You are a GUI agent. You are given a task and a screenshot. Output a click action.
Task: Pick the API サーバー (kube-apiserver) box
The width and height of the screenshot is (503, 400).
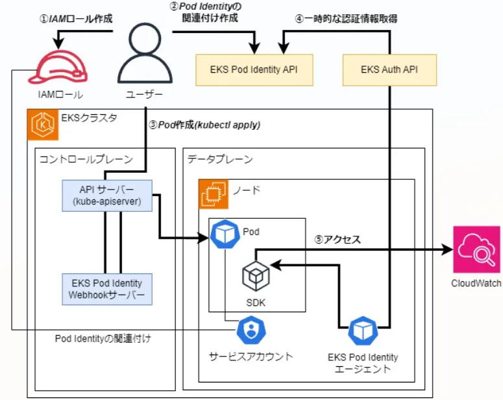point(107,195)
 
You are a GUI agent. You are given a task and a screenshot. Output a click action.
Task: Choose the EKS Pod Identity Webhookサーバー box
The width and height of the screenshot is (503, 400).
point(107,290)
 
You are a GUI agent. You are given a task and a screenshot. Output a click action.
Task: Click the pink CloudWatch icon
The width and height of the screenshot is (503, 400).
point(476,250)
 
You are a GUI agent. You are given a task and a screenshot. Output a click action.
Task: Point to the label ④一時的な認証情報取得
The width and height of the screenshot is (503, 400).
point(346,19)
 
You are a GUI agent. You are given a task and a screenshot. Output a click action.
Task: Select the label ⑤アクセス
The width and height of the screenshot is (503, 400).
point(337,240)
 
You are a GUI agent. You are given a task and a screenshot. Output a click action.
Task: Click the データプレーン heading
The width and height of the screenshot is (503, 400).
point(220,159)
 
